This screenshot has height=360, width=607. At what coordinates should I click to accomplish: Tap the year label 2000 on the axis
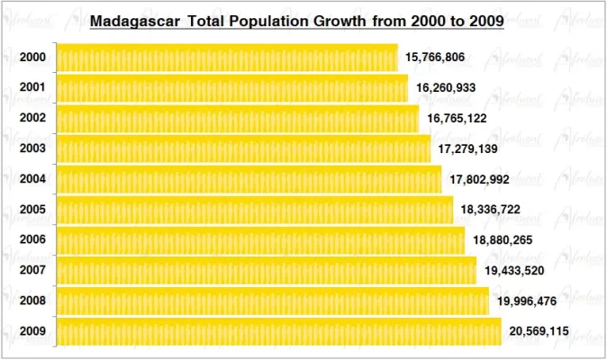click(32, 58)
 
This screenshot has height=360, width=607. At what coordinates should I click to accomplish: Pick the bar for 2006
click(260, 240)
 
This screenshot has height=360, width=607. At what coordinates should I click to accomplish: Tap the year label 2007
click(32, 271)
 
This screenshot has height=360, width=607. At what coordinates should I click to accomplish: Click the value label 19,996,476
click(527, 301)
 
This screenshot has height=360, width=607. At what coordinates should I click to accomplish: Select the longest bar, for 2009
click(278, 331)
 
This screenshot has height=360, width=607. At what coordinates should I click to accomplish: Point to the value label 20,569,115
click(539, 332)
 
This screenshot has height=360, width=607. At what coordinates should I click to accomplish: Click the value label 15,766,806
click(435, 58)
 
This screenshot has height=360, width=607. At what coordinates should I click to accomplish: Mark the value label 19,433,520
click(515, 271)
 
